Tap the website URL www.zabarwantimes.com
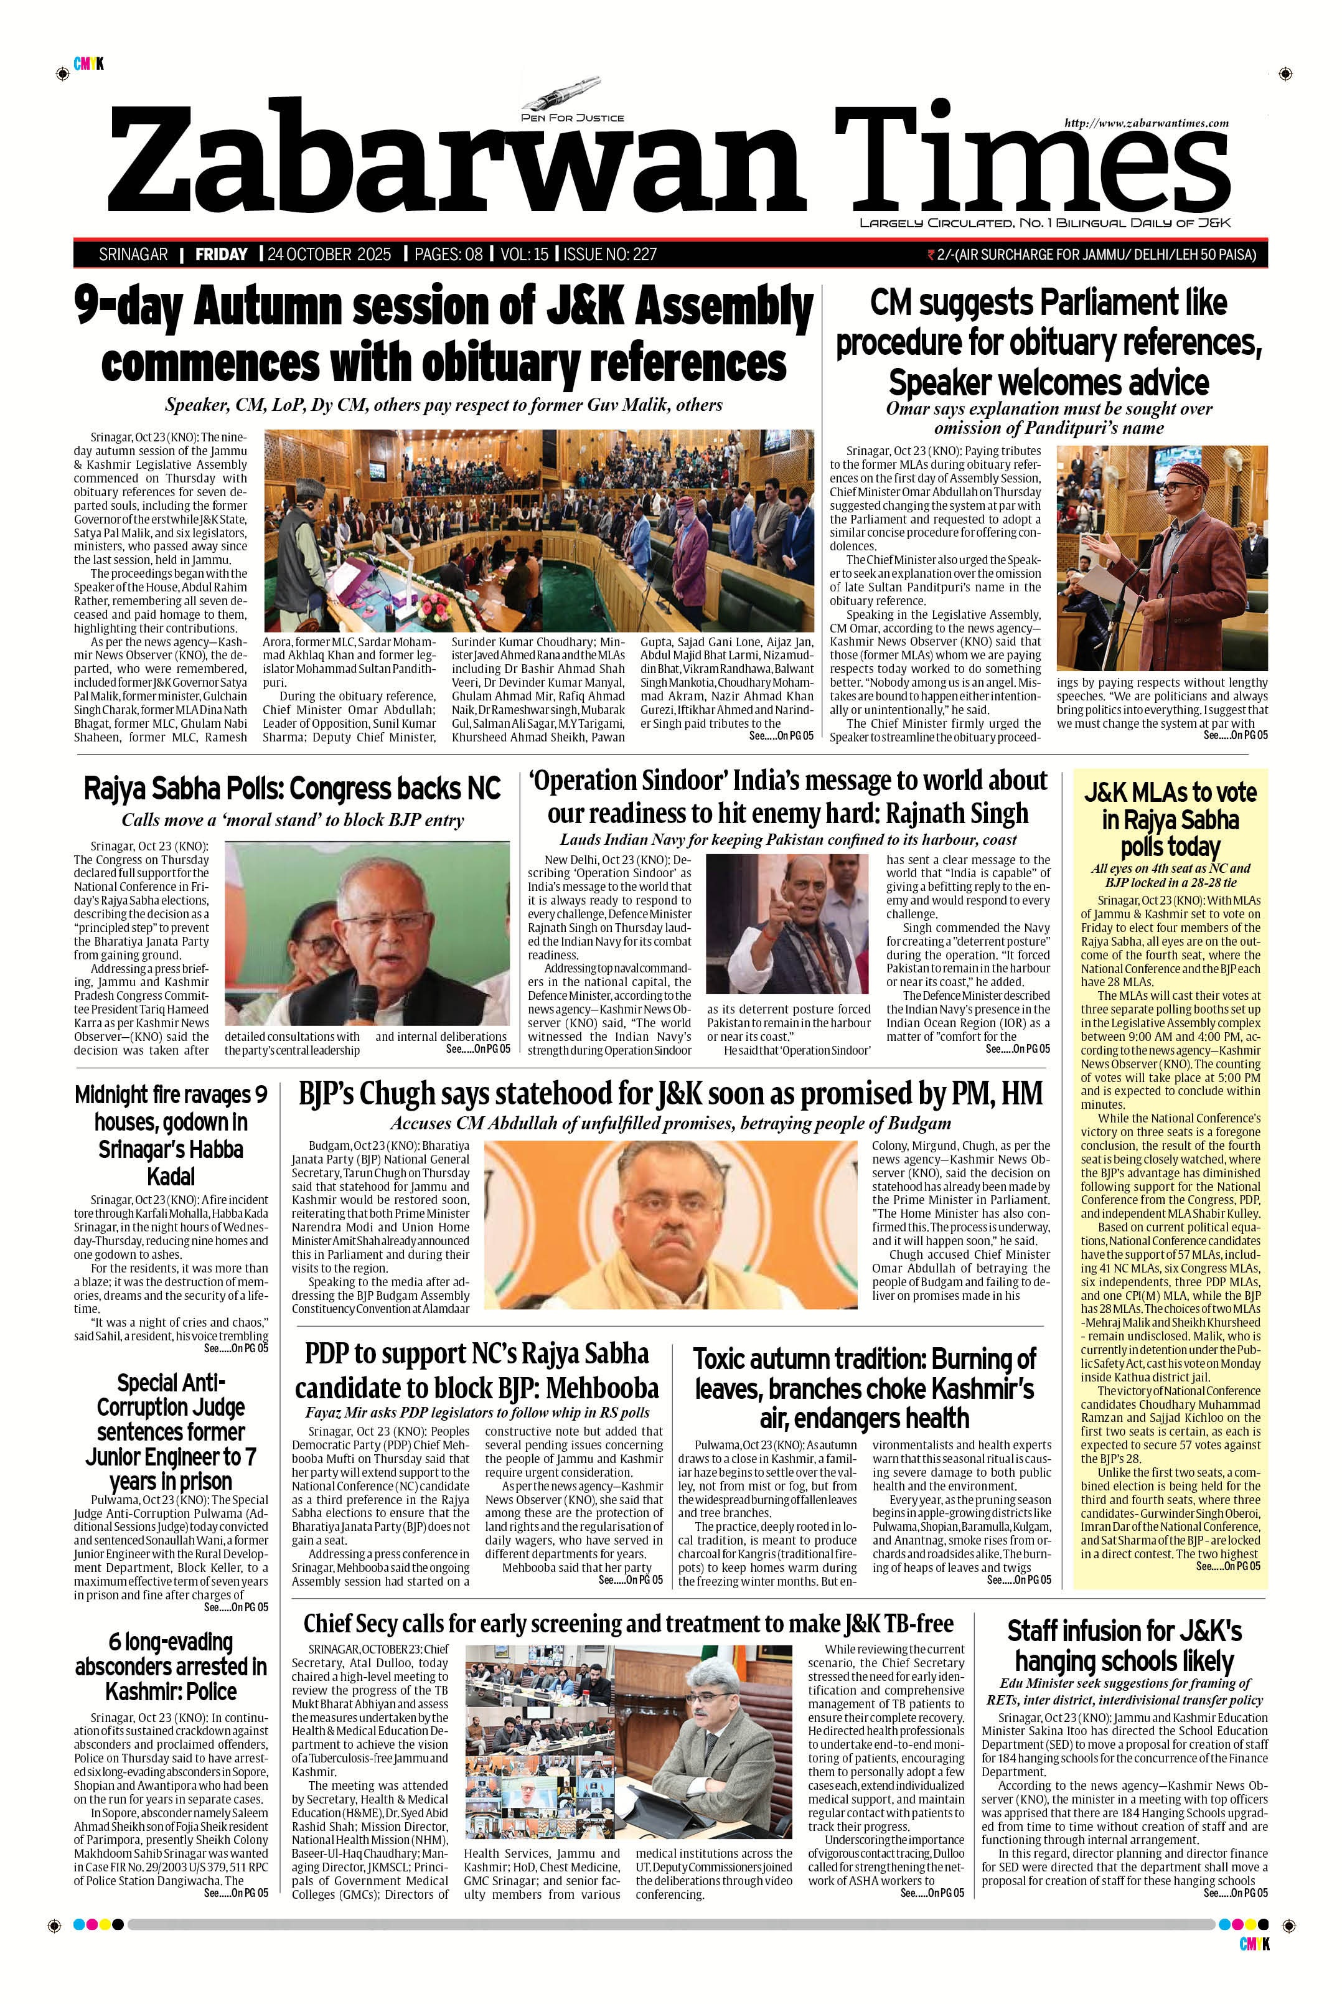tap(1146, 123)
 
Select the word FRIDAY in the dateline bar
tap(221, 254)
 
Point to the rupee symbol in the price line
tap(931, 254)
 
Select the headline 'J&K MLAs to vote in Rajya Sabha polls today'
tap(1170, 819)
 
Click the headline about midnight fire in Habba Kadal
tap(171, 1135)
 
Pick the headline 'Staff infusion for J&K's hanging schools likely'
tap(1124, 1646)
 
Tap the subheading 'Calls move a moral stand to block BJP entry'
tap(293, 820)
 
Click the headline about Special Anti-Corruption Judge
tap(171, 1431)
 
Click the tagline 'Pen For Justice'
tap(573, 117)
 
